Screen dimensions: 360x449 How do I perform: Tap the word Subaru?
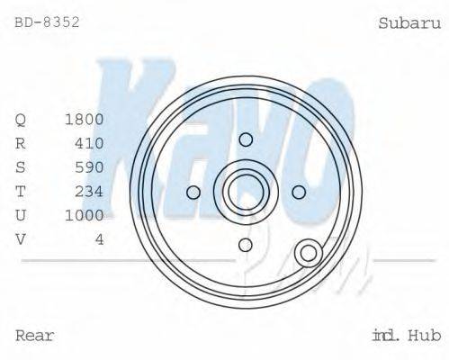[x=409, y=22]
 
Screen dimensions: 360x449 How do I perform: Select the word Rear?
[x=35, y=336]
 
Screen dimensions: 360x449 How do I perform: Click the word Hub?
[x=423, y=336]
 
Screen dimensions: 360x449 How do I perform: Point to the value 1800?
[x=85, y=119]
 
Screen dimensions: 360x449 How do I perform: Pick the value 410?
[x=90, y=143]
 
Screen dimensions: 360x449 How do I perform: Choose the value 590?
[x=90, y=166]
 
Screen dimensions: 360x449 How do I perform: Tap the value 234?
[x=90, y=191]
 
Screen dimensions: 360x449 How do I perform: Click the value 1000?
[x=85, y=215]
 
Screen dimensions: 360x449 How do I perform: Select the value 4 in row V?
[x=99, y=238]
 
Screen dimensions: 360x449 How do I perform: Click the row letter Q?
[x=22, y=119]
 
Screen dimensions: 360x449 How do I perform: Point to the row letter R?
[x=22, y=143]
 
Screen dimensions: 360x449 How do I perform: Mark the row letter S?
[x=22, y=166]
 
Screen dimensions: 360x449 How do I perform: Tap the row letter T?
[x=22, y=191]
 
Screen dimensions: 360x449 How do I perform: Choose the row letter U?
[x=22, y=215]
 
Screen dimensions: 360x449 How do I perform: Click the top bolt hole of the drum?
[x=246, y=139]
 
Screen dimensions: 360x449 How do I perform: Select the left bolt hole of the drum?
[x=193, y=192]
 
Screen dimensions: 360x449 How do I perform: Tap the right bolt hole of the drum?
[x=299, y=192]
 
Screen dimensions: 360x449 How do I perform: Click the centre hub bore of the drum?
[x=246, y=192]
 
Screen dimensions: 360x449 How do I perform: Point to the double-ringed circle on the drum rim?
[x=310, y=253]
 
